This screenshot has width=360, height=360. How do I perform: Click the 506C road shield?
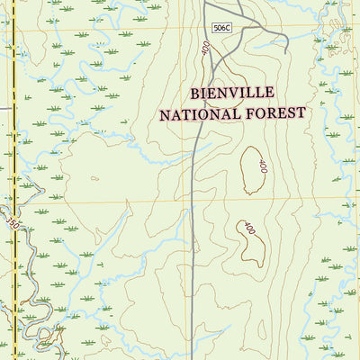pyautogui.click(x=221, y=29)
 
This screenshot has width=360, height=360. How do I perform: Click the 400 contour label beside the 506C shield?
pyautogui.click(x=207, y=51)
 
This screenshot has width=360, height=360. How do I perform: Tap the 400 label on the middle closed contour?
pyautogui.click(x=263, y=166)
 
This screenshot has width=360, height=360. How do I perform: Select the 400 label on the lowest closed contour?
pyautogui.click(x=249, y=229)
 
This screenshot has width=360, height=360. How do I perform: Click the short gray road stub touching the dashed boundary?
pyautogui.click(x=4, y=109)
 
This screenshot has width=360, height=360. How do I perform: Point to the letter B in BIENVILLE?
pyautogui.click(x=195, y=93)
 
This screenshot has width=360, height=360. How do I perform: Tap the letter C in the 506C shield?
pyautogui.click(x=228, y=29)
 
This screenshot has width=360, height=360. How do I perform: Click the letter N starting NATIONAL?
pyautogui.click(x=165, y=114)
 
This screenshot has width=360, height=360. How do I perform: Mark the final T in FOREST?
pyautogui.click(x=301, y=112)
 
